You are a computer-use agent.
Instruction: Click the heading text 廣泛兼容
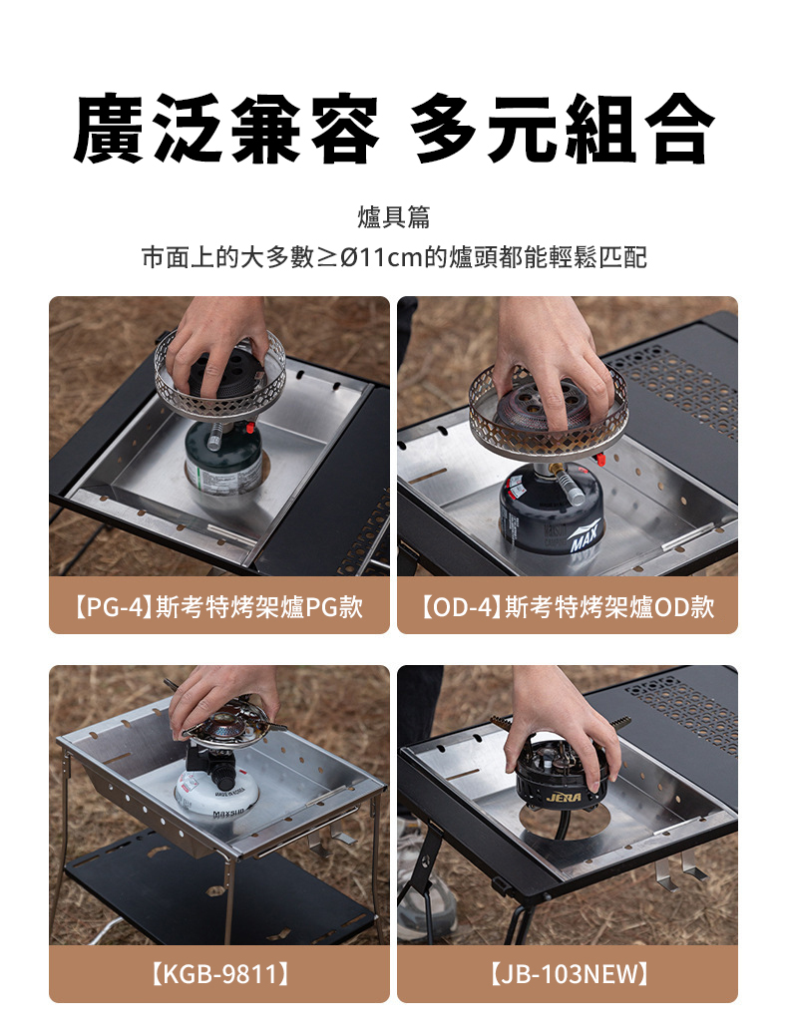[x=226, y=129]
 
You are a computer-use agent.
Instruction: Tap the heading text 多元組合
[x=562, y=129]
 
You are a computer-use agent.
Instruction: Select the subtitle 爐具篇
[x=394, y=217]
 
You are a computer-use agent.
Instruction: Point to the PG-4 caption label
[x=219, y=606]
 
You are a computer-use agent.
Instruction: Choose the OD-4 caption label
[x=568, y=606]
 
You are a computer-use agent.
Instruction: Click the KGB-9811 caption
[x=219, y=973]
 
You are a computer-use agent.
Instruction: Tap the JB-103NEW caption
[x=568, y=973]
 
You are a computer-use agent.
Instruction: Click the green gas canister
[x=223, y=459]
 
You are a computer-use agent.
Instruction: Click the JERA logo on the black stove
[x=564, y=797]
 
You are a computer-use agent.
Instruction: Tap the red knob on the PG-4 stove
[x=250, y=429]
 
